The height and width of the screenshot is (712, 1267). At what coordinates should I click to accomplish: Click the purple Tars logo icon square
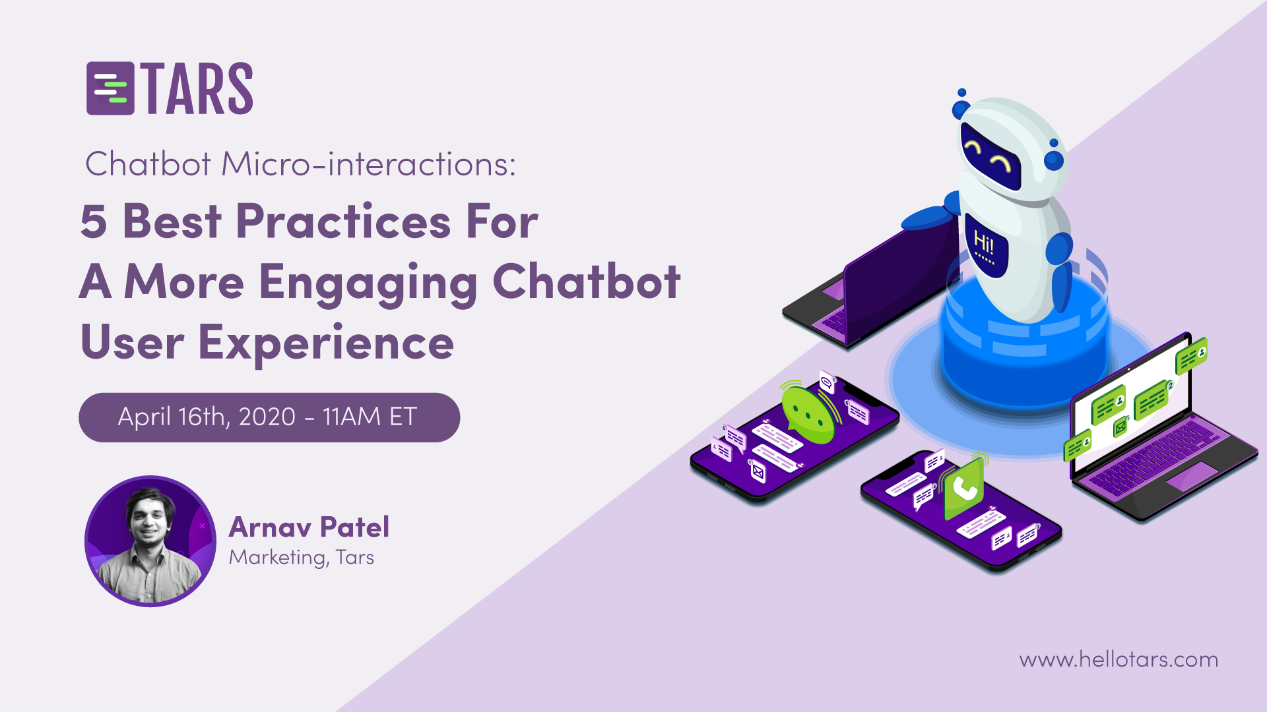(110, 88)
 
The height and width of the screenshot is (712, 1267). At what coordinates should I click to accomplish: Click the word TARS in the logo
(197, 89)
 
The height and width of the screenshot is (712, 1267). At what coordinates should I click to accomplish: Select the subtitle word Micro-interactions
(368, 164)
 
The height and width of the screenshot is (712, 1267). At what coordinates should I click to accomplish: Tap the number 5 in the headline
(94, 222)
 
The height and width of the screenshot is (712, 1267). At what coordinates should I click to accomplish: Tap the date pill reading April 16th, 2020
(269, 417)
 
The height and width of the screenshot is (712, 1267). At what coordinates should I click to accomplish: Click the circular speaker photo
(150, 541)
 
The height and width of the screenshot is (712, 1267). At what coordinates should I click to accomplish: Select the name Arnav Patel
(309, 527)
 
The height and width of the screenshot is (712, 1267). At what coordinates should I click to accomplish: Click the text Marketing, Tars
(302, 558)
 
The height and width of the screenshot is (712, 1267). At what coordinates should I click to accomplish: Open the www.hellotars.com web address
(1119, 659)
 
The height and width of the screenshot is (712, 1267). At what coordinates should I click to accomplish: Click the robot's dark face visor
(991, 156)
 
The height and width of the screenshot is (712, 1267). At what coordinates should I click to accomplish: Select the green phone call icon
(964, 489)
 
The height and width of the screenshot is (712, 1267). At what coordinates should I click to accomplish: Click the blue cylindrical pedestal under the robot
(1025, 343)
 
